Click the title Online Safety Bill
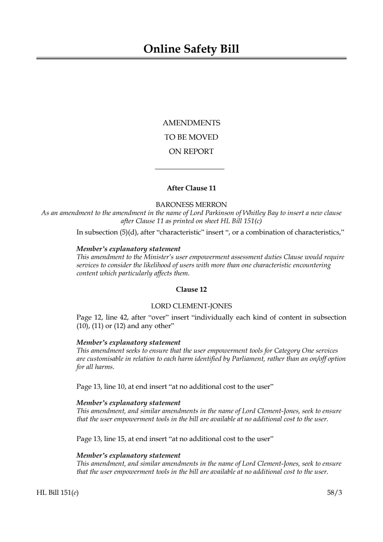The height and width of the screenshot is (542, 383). point(191,49)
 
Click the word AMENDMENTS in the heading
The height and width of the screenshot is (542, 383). point(191,123)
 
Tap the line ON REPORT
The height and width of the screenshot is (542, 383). point(191,152)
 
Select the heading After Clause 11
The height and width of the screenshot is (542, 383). point(191,188)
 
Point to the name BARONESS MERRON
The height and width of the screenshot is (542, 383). point(191,204)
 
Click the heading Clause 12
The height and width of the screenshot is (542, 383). point(191,289)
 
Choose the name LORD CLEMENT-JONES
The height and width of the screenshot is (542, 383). point(191,306)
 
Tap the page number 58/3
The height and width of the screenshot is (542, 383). point(334,492)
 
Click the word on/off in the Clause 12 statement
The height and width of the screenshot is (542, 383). point(318,359)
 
